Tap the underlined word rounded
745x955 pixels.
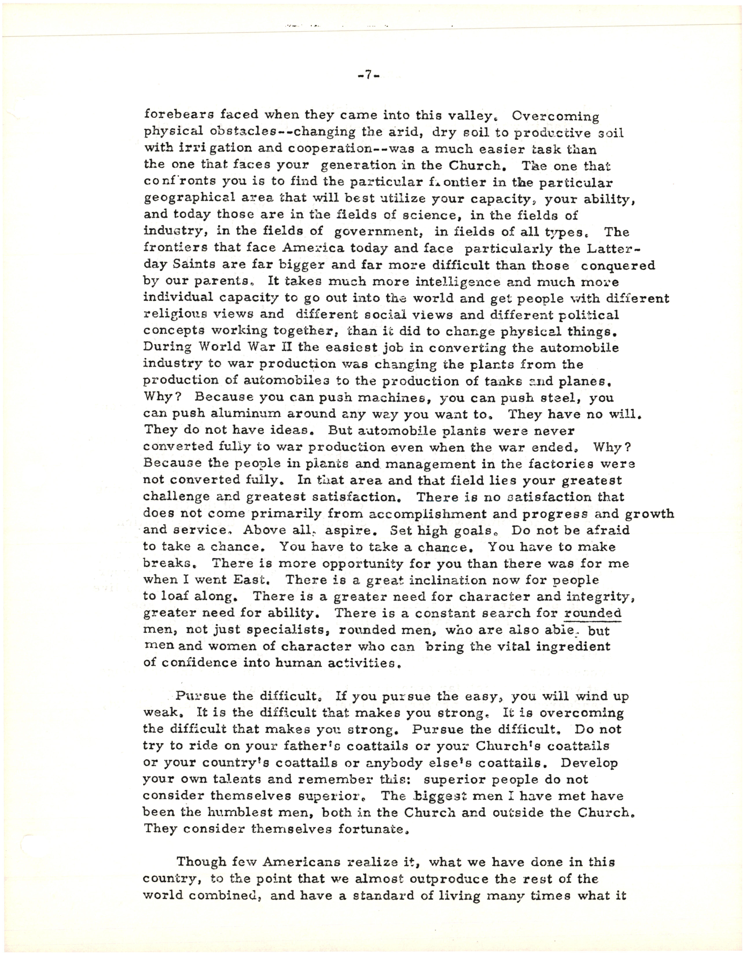click(592, 613)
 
